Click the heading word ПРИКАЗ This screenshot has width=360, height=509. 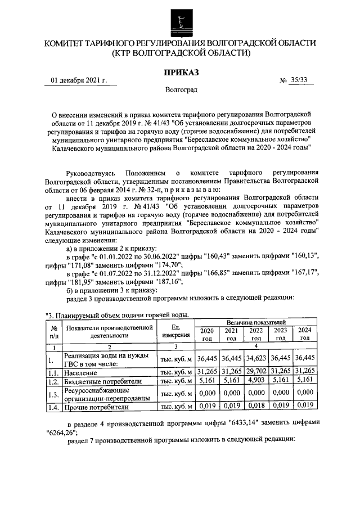pos(180,73)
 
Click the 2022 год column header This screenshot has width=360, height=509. pos(256,335)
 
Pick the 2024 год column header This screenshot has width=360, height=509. pos(305,335)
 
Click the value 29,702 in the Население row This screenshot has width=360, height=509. pos(256,372)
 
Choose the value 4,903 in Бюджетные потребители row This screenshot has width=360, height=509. pos(256,381)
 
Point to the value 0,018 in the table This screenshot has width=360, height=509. pos(256,406)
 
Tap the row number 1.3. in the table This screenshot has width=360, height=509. pos(53,394)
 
